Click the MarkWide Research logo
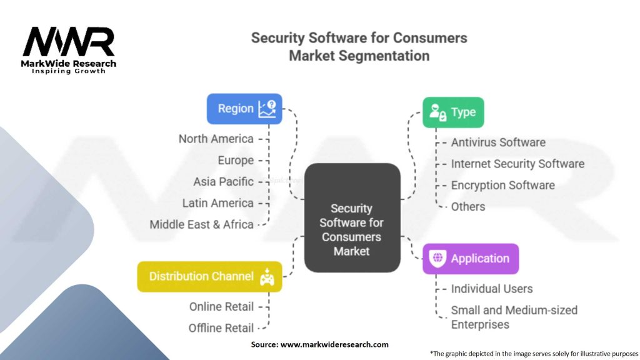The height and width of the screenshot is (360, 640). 69,50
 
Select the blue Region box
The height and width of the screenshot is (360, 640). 244,109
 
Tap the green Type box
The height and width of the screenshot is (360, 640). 453,112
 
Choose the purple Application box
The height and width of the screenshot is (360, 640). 470,259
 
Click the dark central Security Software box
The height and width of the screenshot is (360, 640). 352,230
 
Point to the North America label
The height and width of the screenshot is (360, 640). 216,139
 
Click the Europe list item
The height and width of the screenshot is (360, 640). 236,161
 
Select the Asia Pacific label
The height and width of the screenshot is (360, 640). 224,182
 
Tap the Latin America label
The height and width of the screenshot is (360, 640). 218,203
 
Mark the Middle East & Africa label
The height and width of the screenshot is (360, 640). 202,224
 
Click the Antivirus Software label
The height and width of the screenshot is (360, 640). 498,142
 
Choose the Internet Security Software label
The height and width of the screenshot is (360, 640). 517,164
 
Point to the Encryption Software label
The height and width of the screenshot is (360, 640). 502,185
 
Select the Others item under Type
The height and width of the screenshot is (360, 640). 468,206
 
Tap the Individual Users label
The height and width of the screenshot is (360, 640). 492,289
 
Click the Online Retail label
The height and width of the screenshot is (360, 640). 222,306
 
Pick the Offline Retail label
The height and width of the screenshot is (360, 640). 221,327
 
